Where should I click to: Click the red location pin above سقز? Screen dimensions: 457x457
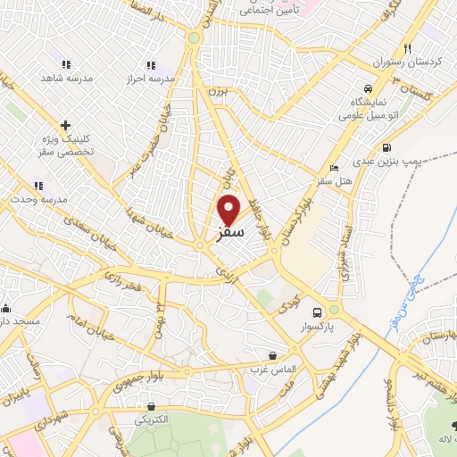[x=229, y=209]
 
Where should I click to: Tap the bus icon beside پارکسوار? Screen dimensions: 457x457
[x=318, y=312]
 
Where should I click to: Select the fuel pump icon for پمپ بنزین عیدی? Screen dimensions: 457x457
[x=386, y=148]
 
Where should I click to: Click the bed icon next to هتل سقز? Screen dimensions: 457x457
[x=334, y=168]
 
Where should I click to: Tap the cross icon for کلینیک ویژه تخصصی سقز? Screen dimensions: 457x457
[x=65, y=125]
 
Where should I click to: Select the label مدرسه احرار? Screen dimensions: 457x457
[x=150, y=78]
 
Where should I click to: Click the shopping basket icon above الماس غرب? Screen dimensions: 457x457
[x=272, y=355]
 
